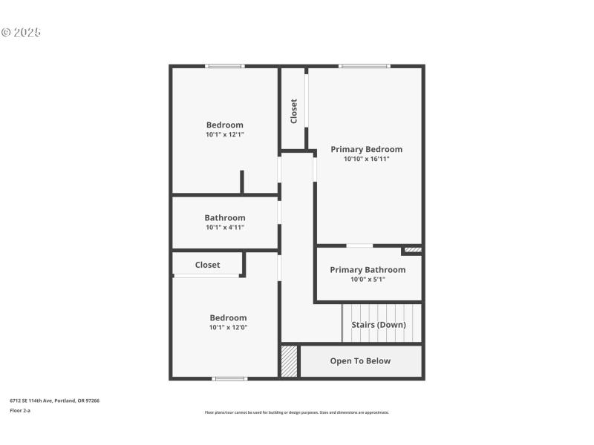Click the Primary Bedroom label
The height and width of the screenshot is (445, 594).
click(366, 149)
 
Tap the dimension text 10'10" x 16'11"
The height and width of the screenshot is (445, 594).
click(366, 159)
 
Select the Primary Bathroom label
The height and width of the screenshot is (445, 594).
click(368, 270)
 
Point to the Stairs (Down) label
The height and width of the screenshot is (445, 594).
click(379, 325)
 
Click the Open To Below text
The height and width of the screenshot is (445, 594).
click(360, 361)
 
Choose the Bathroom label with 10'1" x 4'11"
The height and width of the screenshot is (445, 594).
click(225, 218)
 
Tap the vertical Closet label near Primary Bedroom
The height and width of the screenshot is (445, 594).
click(294, 111)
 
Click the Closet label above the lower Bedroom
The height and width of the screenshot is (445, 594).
click(207, 265)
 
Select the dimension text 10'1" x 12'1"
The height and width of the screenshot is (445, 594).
click(225, 135)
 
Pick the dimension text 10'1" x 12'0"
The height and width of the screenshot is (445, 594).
click(228, 327)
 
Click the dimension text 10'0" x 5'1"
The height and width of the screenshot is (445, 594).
click(368, 280)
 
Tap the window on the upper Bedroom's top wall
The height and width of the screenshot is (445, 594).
click(225, 67)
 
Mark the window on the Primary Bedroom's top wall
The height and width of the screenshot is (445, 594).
click(364, 67)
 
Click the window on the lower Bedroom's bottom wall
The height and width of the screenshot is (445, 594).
click(229, 379)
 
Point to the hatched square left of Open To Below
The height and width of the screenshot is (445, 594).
click(289, 361)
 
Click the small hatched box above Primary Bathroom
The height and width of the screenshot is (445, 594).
click(413, 250)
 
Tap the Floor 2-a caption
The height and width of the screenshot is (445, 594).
click(20, 410)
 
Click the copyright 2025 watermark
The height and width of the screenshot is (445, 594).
click(21, 33)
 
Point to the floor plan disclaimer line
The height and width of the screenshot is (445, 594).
click(296, 412)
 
